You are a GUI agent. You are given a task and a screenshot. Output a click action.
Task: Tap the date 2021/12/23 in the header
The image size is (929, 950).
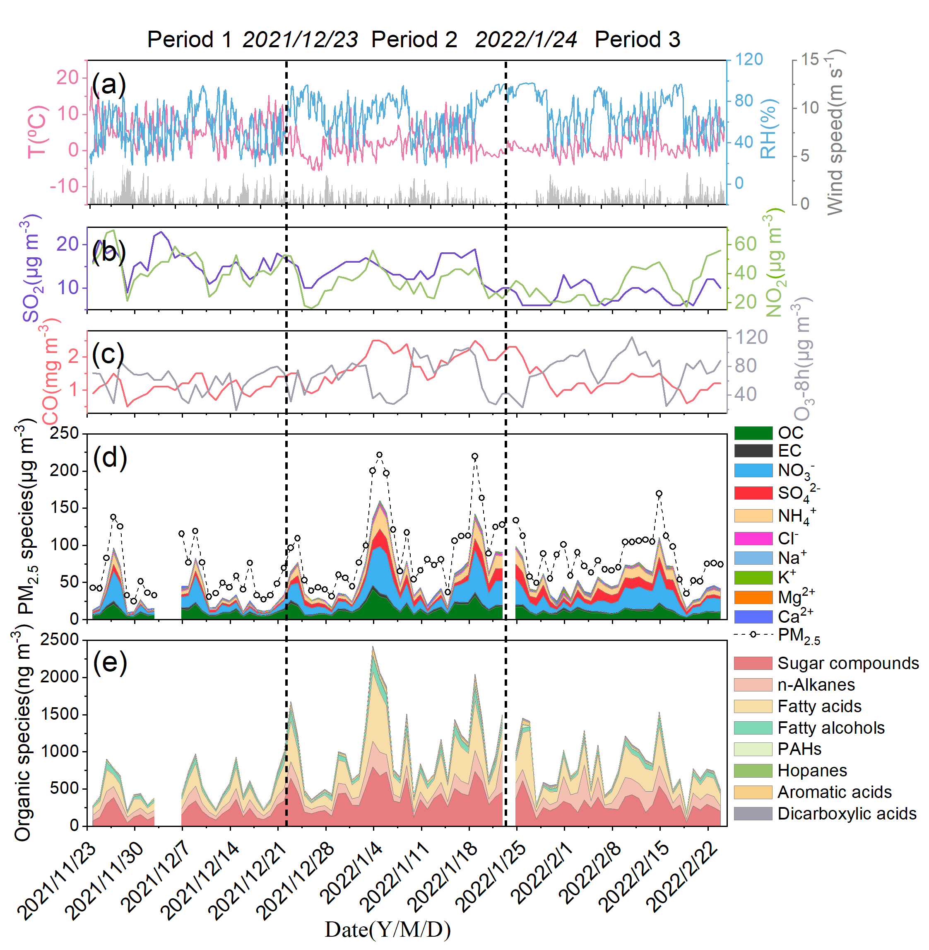(300, 39)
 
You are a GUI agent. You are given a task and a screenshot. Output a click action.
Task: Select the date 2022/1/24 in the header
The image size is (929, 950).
(526, 39)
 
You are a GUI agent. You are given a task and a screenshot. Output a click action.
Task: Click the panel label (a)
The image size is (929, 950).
(109, 84)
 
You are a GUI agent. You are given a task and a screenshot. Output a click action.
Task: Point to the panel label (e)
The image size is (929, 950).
(110, 662)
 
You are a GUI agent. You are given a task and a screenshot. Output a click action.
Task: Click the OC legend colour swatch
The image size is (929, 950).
(753, 433)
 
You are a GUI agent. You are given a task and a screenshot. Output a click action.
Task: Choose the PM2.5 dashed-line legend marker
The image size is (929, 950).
(753, 634)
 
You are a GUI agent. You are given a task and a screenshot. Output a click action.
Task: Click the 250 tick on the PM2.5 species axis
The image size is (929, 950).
(64, 433)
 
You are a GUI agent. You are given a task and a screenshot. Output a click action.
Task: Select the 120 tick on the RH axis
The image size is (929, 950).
(749, 60)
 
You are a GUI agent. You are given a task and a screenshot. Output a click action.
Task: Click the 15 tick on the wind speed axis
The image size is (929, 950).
(809, 60)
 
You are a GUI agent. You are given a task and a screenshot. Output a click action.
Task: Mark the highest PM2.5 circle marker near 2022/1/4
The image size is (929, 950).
(379, 455)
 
